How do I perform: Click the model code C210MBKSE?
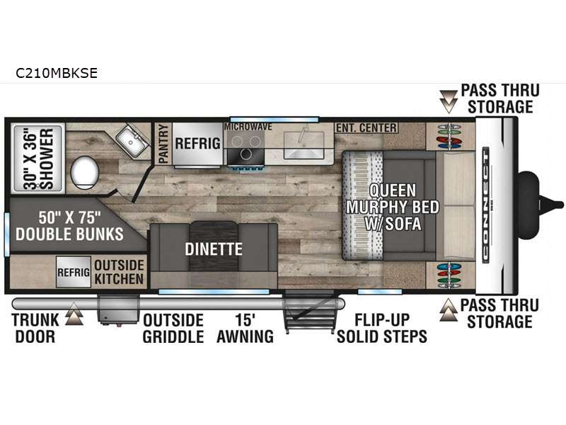[x=57, y=73]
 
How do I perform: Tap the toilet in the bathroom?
[x=84, y=171]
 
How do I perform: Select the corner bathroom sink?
[x=132, y=140]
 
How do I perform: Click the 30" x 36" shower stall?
[x=38, y=159]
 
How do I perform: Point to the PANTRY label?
[x=163, y=144]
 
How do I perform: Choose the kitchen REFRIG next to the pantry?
[x=197, y=144]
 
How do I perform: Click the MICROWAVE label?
[x=248, y=127]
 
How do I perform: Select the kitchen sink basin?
[x=304, y=144]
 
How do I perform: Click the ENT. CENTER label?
[x=366, y=127]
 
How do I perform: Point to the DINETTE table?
[x=214, y=247]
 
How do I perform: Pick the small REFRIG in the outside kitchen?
[x=74, y=272]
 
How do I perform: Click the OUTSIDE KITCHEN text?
[x=119, y=272]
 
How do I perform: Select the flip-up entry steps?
[x=308, y=312]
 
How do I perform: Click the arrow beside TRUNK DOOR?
[x=74, y=313]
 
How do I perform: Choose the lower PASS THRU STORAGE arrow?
[x=449, y=310]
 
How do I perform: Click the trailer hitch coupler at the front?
[x=541, y=205]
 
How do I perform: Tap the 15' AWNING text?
[x=245, y=328]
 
